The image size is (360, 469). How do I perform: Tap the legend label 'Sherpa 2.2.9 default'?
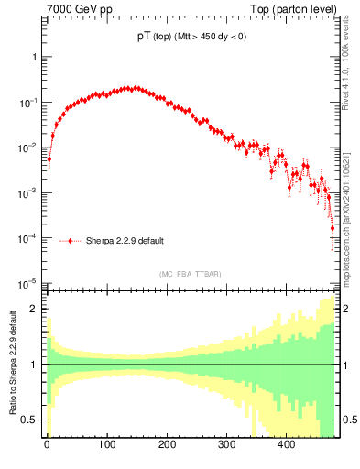(125, 242)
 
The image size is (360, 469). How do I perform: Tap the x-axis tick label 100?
(106, 444)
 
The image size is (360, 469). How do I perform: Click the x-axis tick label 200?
(166, 444)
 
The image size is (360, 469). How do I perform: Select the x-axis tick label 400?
(286, 444)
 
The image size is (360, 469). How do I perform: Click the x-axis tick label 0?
(47, 444)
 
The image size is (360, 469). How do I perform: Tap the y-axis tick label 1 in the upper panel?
(35, 57)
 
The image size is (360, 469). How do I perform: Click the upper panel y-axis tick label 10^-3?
(30, 192)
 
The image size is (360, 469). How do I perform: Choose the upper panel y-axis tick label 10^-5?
(30, 282)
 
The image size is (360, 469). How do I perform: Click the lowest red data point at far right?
(333, 254)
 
